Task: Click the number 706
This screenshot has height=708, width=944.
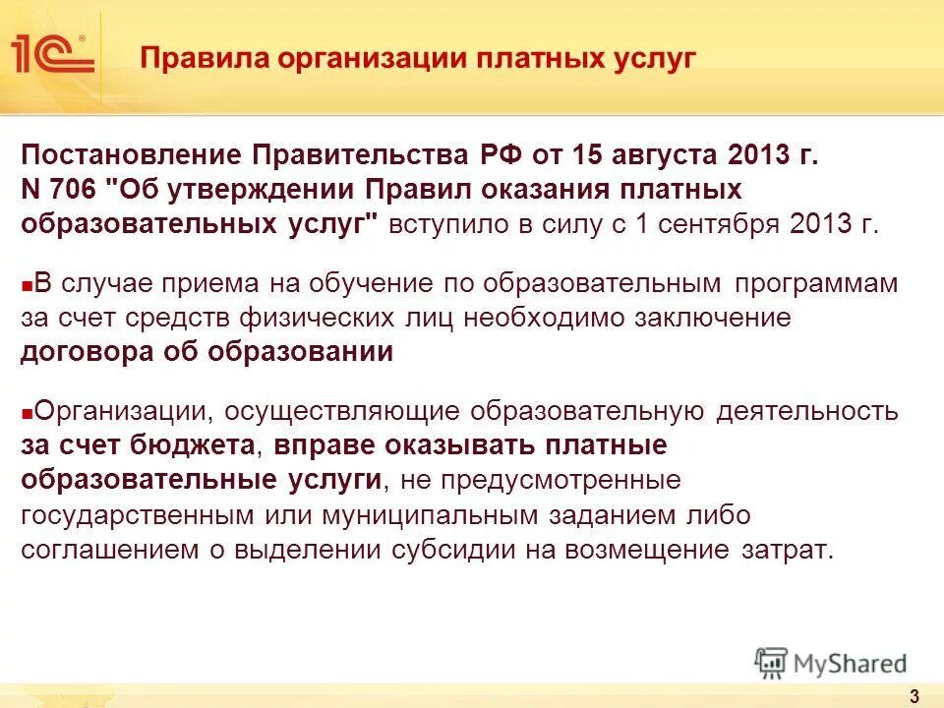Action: pos(72,189)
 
